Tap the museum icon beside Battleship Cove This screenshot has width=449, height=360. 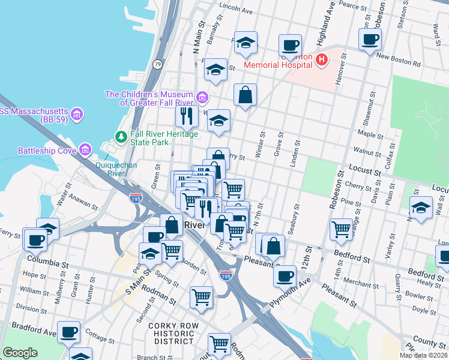(85, 149)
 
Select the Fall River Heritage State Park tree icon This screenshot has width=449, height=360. (121, 137)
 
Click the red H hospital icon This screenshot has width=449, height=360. (322, 59)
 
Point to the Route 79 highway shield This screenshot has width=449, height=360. (157, 64)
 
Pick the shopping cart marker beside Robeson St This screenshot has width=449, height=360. (341, 229)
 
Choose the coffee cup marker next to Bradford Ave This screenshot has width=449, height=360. (69, 331)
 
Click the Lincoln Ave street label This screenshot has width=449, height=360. (237, 10)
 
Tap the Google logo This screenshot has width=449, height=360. (20, 353)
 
